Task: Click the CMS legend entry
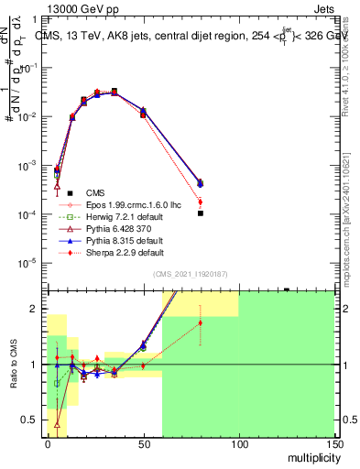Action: pos(94,192)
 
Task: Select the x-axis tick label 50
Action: pos(143,444)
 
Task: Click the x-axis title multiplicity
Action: pos(310,457)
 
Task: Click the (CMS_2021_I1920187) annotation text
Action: pos(191,275)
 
